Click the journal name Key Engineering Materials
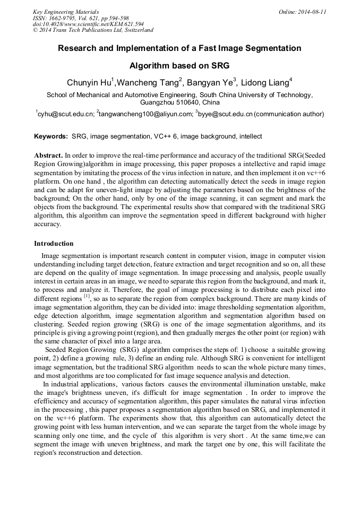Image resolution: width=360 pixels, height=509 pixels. [x=66, y=12]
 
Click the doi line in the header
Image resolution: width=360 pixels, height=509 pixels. [x=88, y=24]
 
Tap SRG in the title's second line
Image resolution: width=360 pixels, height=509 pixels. [x=219, y=66]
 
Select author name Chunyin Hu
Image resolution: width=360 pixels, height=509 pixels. [x=88, y=83]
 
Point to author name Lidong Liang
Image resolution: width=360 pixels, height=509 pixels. [x=265, y=83]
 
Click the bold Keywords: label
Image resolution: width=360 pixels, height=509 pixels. [x=51, y=136]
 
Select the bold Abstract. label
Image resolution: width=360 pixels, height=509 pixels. [x=48, y=156]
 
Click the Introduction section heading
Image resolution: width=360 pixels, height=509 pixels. [x=54, y=244]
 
